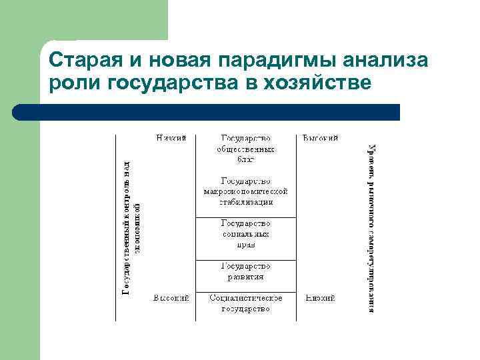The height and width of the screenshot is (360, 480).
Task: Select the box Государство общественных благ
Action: click(245, 149)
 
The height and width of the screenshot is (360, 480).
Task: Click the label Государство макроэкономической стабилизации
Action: click(245, 191)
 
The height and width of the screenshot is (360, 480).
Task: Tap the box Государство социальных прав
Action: click(245, 233)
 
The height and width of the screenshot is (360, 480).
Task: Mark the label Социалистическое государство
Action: click(245, 303)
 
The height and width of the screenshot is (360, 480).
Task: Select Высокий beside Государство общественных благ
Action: click(320, 139)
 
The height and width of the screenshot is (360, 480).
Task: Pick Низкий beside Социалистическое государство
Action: click(320, 297)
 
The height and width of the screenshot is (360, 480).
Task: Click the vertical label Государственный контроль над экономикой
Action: click(131, 227)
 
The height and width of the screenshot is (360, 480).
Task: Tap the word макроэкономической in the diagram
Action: click(245, 191)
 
